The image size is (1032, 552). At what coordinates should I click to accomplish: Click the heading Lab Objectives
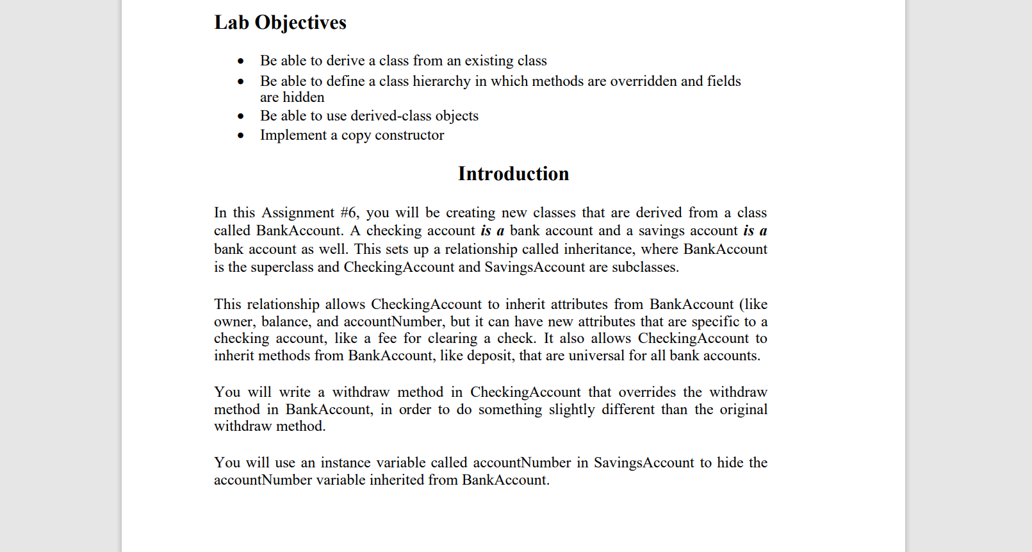pos(280,22)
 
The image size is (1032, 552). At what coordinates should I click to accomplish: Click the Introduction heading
pos(513,174)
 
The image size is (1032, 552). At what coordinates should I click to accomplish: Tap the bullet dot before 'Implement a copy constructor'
pos(241,136)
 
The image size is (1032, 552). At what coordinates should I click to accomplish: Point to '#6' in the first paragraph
pos(349,213)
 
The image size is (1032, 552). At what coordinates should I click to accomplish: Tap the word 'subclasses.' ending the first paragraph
pos(644,267)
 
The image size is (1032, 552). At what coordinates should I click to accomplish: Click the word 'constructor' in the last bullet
pos(409,135)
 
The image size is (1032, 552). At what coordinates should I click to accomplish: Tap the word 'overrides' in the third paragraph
pos(646,392)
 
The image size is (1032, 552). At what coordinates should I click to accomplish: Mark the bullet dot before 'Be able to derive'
pos(241,62)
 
